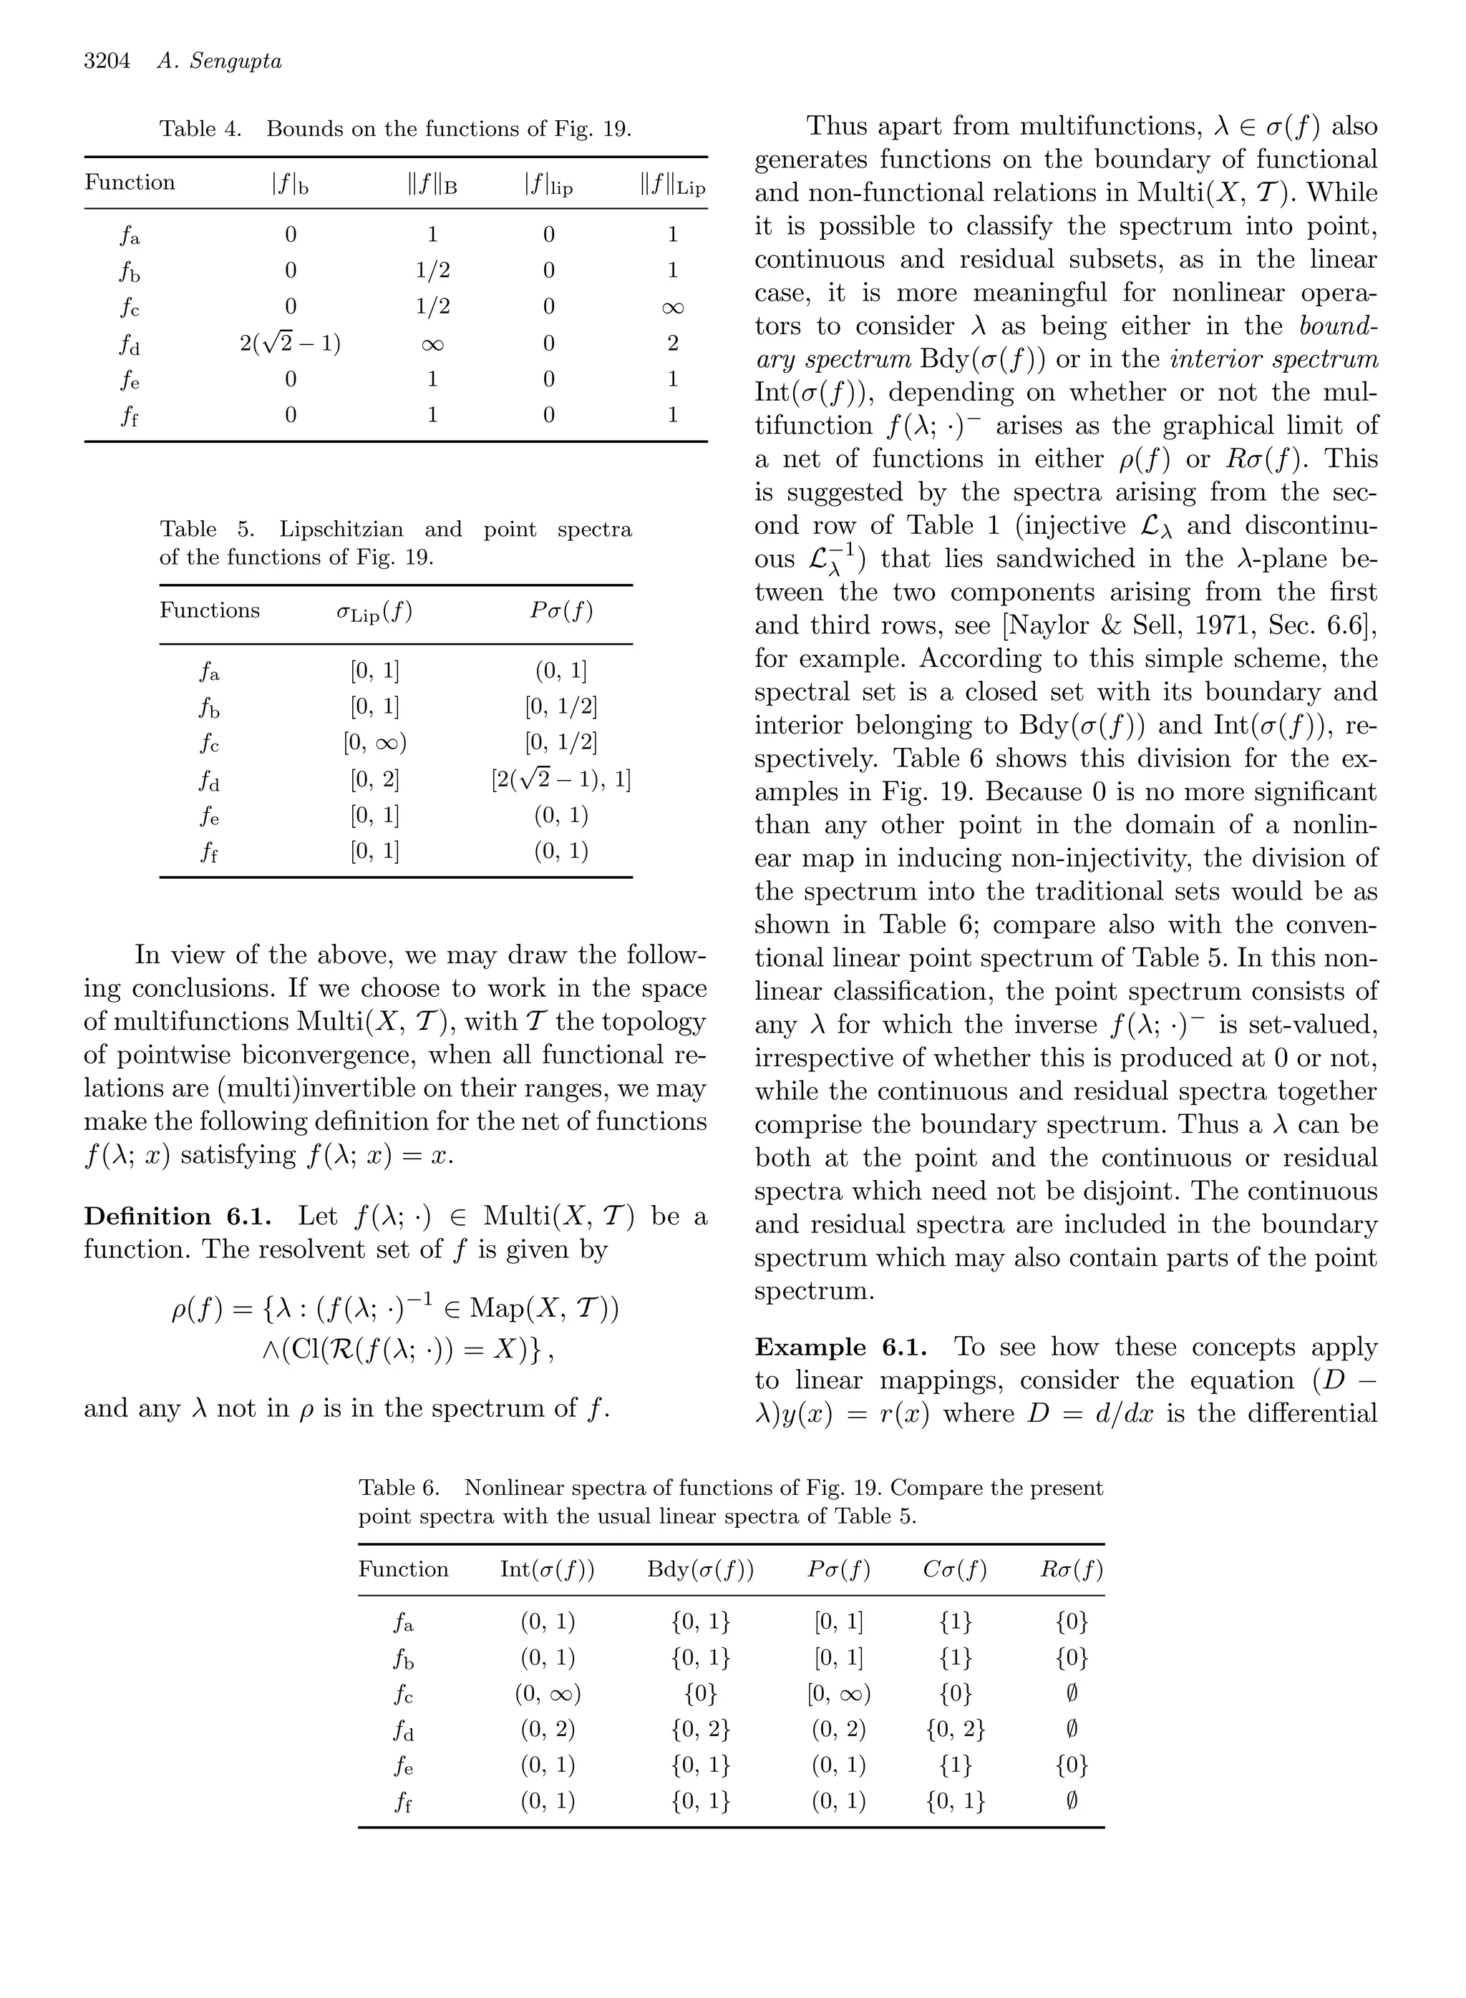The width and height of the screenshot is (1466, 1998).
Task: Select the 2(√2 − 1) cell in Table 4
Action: pos(290,343)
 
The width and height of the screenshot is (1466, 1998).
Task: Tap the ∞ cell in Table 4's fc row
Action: pos(673,307)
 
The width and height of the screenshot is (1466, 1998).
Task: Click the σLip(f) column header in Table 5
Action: pos(374,611)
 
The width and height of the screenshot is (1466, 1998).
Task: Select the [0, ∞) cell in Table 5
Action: pos(374,743)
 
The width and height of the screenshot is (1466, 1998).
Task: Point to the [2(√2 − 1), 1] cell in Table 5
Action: pos(560,779)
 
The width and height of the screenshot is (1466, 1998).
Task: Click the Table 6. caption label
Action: pos(399,1488)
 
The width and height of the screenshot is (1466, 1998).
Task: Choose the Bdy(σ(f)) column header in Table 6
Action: pos(700,1569)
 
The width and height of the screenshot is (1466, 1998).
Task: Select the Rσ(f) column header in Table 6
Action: pos(1071,1569)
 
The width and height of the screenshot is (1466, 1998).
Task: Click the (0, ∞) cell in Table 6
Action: pos(548,1694)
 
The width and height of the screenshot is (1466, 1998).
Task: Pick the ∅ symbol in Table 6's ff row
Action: pos(1071,1801)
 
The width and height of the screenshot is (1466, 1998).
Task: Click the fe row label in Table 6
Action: pos(404,1766)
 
